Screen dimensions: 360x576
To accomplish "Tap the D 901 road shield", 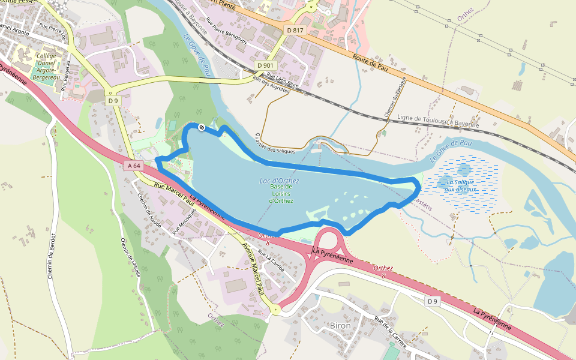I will [x=265, y=65].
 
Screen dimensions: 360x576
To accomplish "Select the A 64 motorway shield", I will [x=133, y=165].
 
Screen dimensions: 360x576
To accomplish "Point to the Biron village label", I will [x=340, y=325].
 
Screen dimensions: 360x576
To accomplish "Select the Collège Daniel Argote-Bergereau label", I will [x=46, y=67].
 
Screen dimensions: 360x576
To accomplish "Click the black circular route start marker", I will [x=202, y=127].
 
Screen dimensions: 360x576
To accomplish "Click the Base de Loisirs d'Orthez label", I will [x=281, y=193].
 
